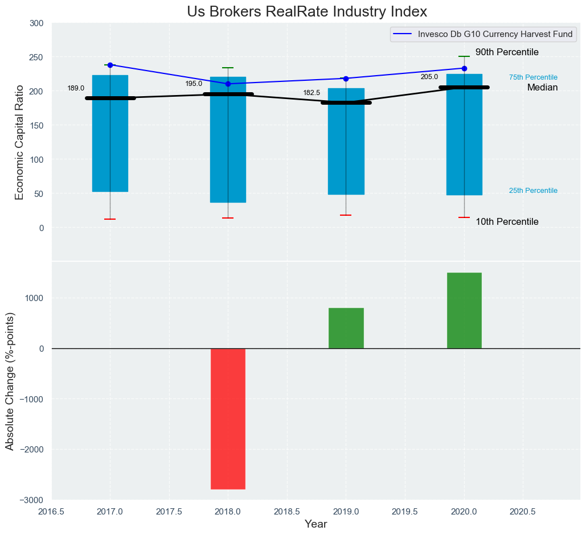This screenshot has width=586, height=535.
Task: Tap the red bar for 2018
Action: click(228, 418)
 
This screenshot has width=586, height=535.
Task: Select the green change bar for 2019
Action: click(346, 328)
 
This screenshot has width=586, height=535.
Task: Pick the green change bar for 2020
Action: click(464, 310)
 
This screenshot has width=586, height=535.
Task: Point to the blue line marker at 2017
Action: click(110, 65)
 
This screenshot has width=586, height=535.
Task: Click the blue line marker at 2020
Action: click(464, 68)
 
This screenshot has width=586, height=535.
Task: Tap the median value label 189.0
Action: click(76, 88)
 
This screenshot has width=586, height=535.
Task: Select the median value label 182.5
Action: click(312, 93)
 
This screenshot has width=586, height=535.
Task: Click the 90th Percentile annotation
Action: click(507, 52)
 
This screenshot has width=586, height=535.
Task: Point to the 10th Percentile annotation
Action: click(507, 222)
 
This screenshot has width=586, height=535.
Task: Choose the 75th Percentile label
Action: click(533, 77)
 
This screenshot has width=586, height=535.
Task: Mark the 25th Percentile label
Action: click(533, 191)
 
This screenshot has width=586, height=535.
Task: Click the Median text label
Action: click(542, 88)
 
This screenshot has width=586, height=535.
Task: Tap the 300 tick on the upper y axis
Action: click(36, 23)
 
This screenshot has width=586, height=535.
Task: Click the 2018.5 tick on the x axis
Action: click(287, 511)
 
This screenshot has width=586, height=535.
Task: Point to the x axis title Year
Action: click(315, 524)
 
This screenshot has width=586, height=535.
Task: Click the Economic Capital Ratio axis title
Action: click(19, 142)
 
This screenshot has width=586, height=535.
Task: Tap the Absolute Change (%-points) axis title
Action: click(10, 381)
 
